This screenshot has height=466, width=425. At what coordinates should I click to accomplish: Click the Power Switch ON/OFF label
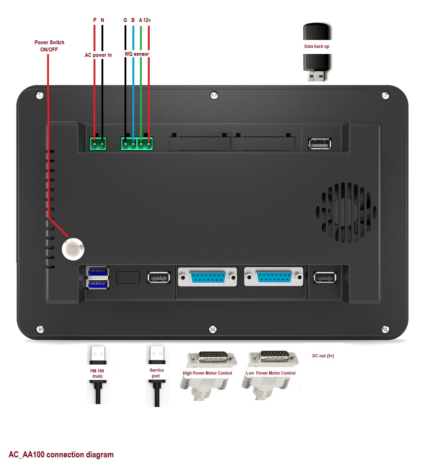[x=49, y=46]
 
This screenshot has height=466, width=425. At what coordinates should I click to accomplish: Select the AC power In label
[x=98, y=55]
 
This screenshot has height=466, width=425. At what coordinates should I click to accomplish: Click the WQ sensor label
[x=137, y=54]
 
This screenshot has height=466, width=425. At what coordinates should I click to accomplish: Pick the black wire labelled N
[x=102, y=90]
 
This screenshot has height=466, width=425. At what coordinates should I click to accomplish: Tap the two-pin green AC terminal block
[x=98, y=144]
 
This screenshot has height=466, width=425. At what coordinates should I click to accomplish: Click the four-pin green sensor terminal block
[x=137, y=144]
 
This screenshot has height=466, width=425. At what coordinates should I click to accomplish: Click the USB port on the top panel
[x=320, y=144]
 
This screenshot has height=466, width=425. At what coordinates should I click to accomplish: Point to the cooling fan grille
[x=346, y=212]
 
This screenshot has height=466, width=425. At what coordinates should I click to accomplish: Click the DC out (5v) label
[x=323, y=356]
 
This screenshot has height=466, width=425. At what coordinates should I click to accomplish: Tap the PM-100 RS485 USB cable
[x=97, y=374]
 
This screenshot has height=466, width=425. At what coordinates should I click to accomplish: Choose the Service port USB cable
[x=157, y=374]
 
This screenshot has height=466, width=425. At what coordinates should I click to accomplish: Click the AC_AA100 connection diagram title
[x=61, y=454]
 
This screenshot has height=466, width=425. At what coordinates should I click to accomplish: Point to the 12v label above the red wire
[x=147, y=20]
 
